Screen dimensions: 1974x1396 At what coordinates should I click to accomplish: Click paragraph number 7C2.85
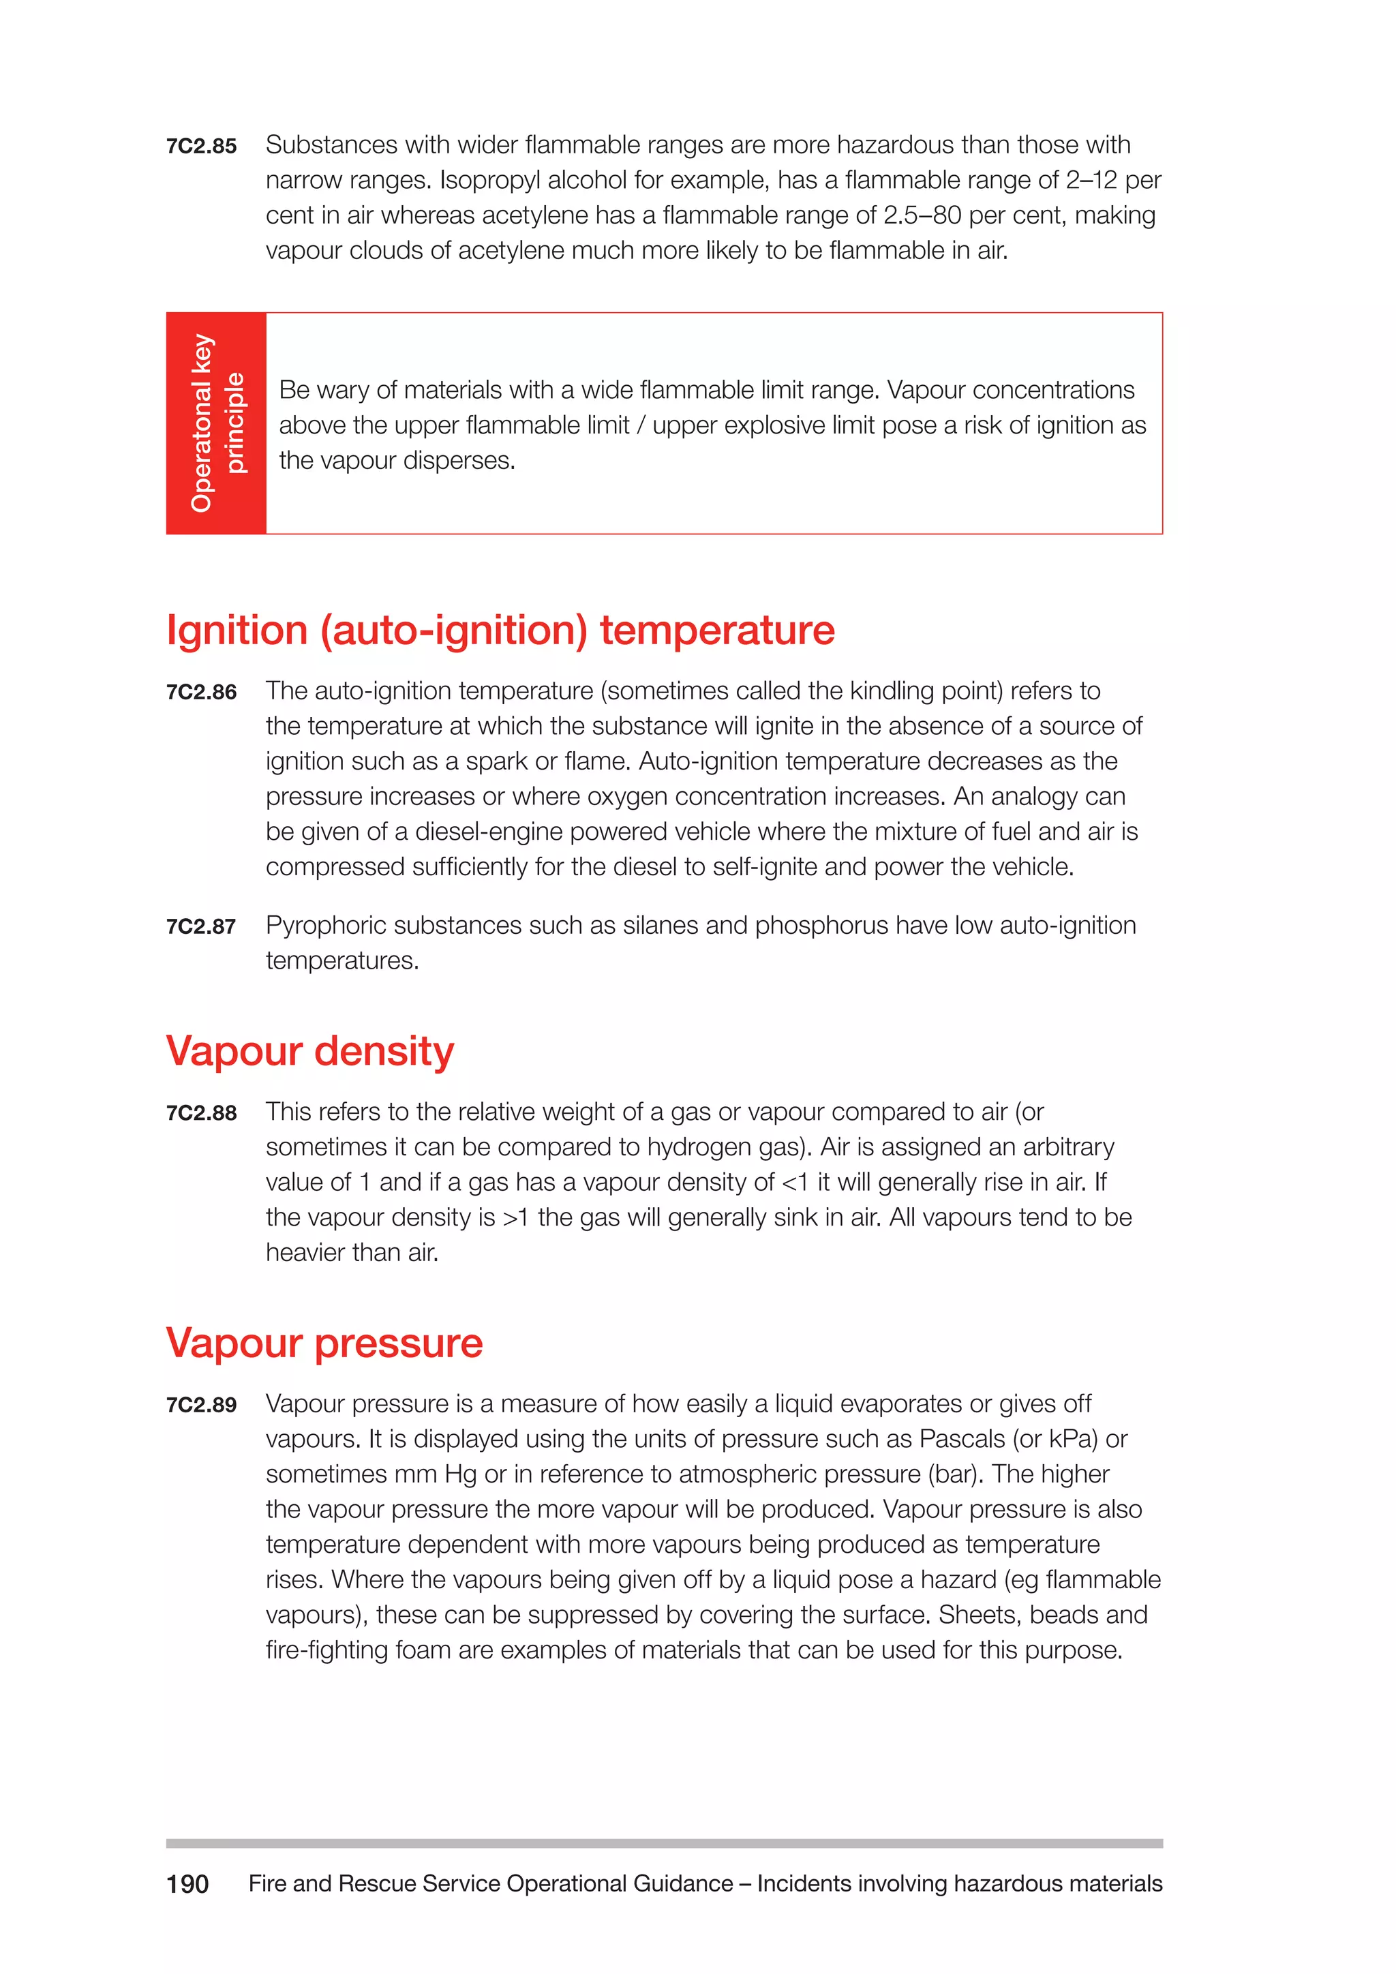201,146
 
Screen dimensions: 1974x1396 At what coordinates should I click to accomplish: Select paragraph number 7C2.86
201,692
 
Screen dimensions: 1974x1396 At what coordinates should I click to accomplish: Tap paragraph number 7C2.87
201,927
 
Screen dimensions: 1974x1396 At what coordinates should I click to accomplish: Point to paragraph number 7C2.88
201,1113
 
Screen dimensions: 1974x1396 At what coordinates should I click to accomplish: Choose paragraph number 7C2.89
201,1406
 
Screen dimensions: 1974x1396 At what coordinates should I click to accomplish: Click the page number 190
187,1885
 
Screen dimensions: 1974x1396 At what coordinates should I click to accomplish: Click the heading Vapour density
309,1052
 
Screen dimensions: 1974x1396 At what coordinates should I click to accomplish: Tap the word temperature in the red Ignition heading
717,631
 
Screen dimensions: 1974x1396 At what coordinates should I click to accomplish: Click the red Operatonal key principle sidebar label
217,423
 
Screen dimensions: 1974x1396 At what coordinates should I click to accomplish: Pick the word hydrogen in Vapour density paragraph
696,1148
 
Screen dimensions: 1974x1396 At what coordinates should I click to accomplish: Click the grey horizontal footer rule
664,1843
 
